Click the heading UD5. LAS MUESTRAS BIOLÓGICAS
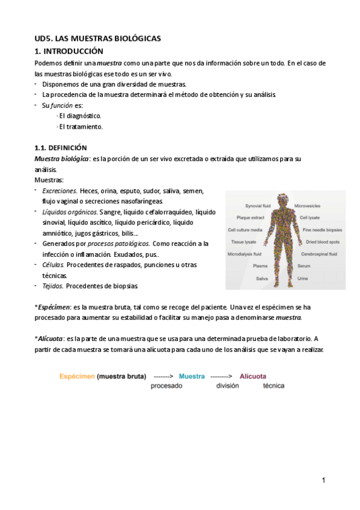coord(97,38)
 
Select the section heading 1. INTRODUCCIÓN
coord(69,51)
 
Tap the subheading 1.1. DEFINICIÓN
coord(61,147)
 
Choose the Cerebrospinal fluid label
coord(321,254)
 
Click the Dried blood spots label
coord(322,242)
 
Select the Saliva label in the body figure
coord(262,278)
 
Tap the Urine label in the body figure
coord(303,278)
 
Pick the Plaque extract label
coord(251,217)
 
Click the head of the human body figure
coord(282,199)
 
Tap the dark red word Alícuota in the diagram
coord(253,376)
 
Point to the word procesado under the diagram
coord(166,387)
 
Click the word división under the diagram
coord(228,387)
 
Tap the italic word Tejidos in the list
coord(53,286)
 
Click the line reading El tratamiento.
coord(81,127)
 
